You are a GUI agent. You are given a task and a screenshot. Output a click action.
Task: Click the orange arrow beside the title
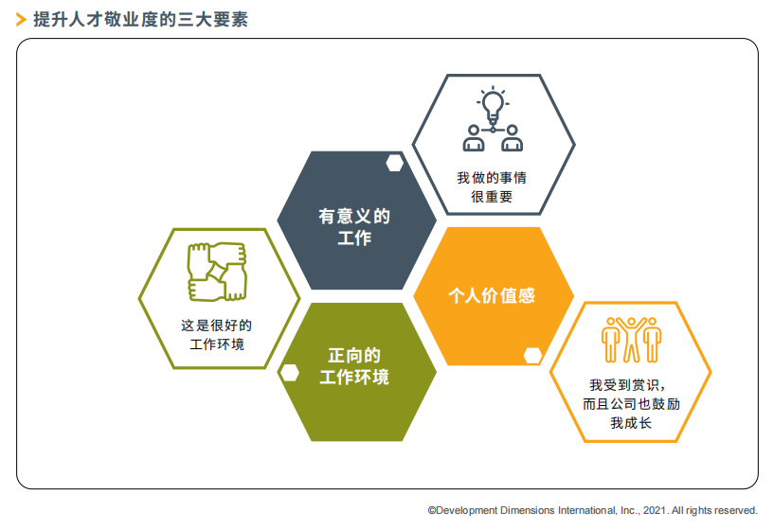point(21,20)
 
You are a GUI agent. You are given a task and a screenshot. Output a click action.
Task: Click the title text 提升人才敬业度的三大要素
point(140,20)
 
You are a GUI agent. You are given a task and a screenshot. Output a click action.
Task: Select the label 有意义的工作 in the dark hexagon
point(354,227)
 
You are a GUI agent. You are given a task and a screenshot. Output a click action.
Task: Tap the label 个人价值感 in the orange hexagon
point(492,296)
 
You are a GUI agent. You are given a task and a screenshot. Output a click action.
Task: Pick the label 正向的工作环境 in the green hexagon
point(354,366)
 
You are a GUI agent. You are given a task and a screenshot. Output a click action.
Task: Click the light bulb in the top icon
point(493,106)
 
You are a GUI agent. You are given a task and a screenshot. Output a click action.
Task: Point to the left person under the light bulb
point(474,138)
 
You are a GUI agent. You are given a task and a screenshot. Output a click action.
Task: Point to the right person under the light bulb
point(512,138)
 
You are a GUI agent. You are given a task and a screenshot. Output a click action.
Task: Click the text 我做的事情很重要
point(492,187)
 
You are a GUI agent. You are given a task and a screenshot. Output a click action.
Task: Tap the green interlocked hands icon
point(217,272)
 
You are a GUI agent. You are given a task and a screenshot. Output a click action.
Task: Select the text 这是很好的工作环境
point(217,335)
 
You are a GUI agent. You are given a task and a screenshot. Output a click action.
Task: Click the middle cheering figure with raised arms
point(631,340)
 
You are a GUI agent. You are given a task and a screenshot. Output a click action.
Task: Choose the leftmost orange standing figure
point(611,340)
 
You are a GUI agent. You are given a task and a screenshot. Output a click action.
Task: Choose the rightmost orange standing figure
point(652,340)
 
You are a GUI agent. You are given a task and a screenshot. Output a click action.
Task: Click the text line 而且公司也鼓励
point(631,404)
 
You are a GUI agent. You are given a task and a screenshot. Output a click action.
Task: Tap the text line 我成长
point(631,423)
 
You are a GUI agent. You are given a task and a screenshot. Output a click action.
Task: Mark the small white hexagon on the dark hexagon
point(394,163)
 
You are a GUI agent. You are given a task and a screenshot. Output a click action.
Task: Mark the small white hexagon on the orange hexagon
point(532,356)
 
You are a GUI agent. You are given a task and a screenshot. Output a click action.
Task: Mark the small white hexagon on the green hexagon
point(290,373)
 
